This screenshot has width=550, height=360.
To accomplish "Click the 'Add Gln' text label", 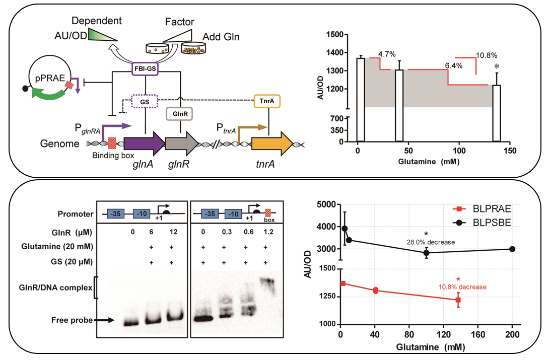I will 221,37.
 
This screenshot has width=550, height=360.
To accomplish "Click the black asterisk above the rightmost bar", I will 497,67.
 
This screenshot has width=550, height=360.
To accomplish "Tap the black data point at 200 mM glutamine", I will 512,249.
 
